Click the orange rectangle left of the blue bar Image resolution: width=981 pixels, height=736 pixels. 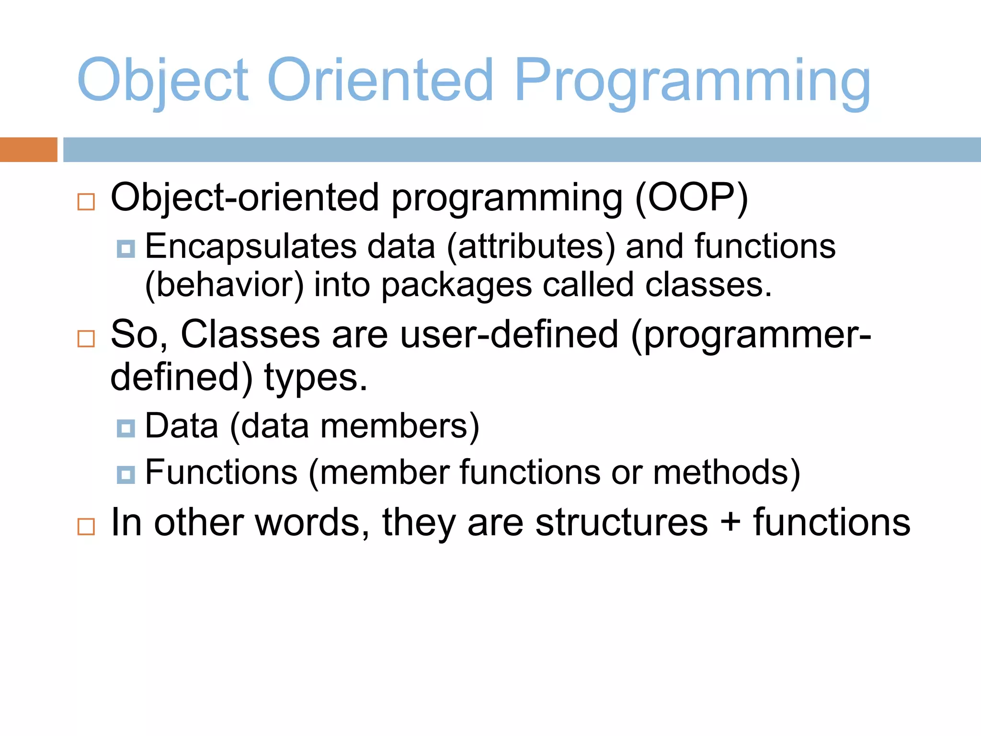click(28, 149)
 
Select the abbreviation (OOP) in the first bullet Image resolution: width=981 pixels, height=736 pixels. click(691, 197)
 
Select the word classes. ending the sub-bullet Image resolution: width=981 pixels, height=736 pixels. click(708, 286)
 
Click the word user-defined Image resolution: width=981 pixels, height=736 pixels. click(509, 334)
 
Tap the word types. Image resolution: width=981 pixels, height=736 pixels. click(316, 378)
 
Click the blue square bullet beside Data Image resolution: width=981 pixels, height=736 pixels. click(126, 428)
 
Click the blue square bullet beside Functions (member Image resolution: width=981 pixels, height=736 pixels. click(126, 474)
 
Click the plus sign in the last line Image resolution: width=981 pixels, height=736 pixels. click(730, 522)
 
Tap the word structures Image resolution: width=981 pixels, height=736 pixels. click(621, 522)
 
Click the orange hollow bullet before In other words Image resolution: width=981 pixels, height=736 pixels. click(86, 527)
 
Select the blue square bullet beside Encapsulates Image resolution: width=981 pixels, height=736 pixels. click(126, 249)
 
